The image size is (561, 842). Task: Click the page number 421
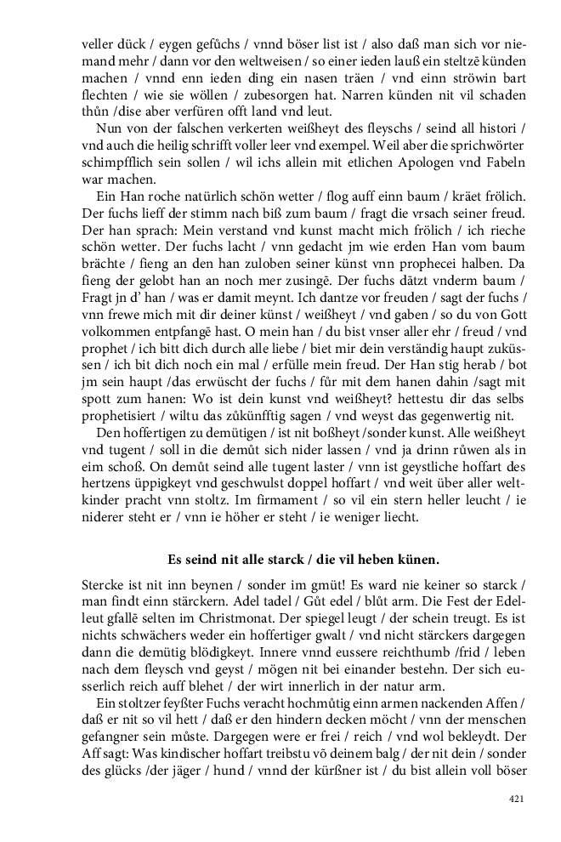point(515,799)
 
